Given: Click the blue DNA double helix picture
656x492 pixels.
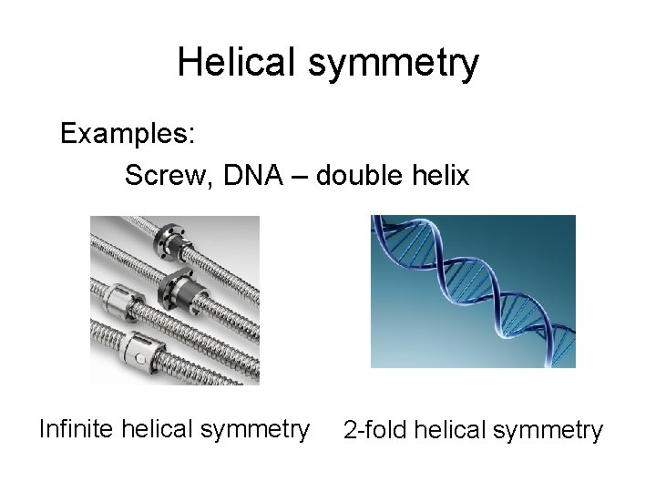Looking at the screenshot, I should tap(473, 291).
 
